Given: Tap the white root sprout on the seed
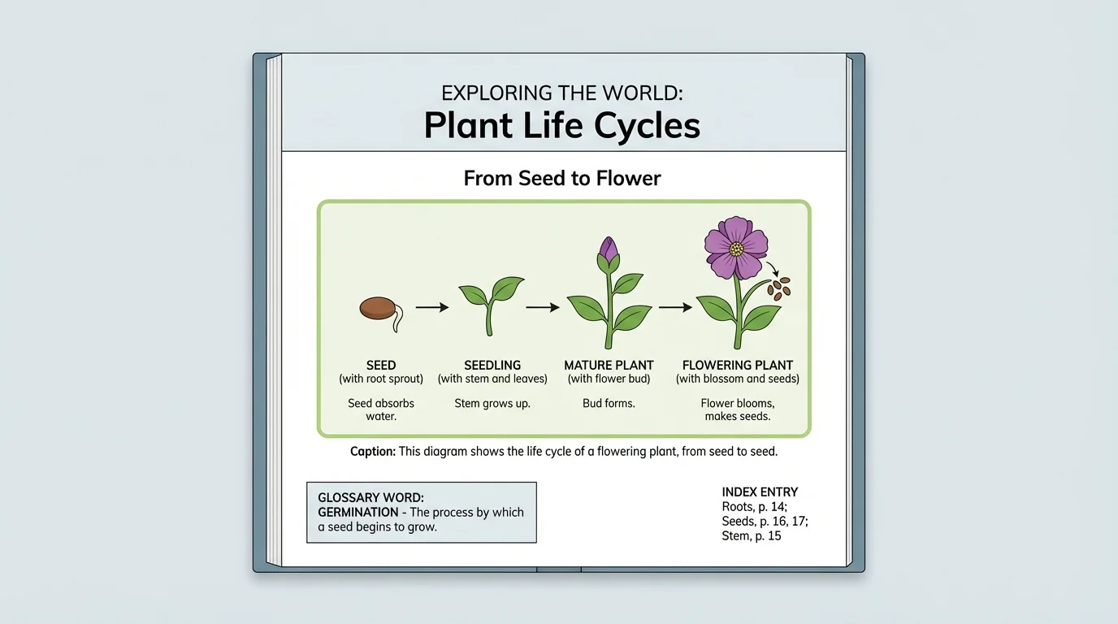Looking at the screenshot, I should (398, 319).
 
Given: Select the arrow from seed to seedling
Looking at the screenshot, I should (432, 307).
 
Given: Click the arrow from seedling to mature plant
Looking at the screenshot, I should (543, 307).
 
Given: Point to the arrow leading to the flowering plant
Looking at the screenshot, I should (675, 307).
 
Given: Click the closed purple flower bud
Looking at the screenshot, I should (609, 250).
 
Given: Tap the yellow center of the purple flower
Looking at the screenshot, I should (736, 248).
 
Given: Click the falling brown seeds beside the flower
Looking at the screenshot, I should (781, 288).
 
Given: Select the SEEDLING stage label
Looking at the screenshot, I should (492, 366).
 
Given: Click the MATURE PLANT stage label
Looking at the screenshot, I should (609, 366).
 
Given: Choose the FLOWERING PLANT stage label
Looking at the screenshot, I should (738, 366).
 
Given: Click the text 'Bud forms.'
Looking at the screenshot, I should (609, 403).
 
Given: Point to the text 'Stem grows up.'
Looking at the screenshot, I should (492, 403).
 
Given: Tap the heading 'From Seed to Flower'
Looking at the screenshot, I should (562, 178).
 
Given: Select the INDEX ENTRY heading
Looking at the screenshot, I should (760, 492).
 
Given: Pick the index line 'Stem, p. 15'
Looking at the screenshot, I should (752, 536).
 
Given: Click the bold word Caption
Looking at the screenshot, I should (373, 452).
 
